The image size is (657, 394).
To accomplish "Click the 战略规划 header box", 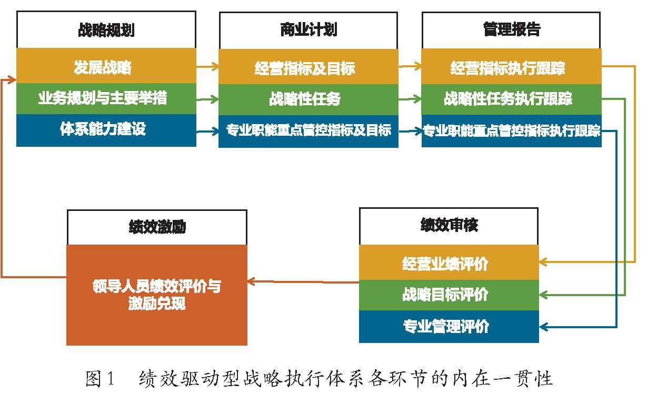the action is coord(106,29).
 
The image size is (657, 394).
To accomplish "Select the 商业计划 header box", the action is coord(308,30).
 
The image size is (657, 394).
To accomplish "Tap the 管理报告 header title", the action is coord(511,29).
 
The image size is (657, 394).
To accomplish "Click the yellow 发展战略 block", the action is coord(106,66).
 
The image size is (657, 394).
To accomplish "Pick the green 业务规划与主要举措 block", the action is coord(106,99).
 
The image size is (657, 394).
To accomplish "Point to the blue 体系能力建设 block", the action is coord(106,130).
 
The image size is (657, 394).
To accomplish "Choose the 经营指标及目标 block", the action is coord(308,67).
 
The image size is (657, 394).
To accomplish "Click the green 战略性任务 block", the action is coord(308,99).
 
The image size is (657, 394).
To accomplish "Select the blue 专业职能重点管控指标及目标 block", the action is coord(308,131).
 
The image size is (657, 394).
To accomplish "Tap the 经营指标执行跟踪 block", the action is coord(511,67).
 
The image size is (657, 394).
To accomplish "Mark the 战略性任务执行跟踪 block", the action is coord(511,99).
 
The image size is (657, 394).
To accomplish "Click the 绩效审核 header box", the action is coord(449,226).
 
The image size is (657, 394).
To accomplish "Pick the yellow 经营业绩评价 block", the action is coord(449,262).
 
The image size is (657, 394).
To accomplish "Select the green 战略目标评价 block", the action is coord(449,295).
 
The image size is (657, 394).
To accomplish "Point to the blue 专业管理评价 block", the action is coord(449,326).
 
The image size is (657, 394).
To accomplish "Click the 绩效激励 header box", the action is coord(157,227).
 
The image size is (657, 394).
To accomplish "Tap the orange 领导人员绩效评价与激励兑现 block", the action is coord(157,295).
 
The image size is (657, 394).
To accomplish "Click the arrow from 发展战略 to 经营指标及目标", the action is coord(207,67).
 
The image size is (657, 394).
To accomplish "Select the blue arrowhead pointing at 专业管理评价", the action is coord(543,327).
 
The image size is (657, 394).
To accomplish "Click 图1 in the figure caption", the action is coord(99,378).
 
